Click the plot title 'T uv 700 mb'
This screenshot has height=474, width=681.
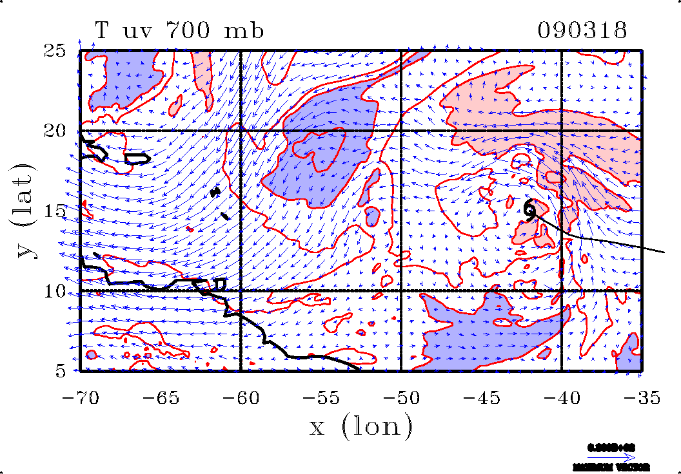[x=179, y=30]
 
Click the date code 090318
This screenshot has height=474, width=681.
[x=582, y=30]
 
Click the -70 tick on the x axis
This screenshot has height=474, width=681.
[x=80, y=398]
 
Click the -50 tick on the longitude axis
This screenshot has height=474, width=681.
[x=400, y=398]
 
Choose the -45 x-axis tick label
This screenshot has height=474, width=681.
[x=481, y=398]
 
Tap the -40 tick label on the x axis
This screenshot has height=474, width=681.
[x=561, y=398]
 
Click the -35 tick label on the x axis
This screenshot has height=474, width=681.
[x=641, y=398]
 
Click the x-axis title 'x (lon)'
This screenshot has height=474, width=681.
[x=360, y=426]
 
